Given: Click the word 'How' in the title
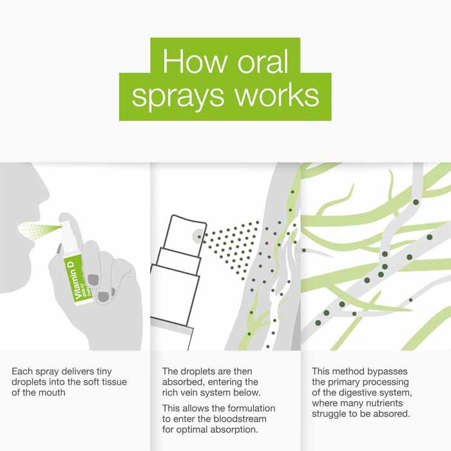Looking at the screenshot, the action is point(195,61).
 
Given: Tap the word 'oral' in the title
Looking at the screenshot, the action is point(263,61).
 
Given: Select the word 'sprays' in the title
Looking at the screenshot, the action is point(178,97).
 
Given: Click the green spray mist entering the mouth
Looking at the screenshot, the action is point(39,231).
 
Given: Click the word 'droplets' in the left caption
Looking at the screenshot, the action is point(29,383).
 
